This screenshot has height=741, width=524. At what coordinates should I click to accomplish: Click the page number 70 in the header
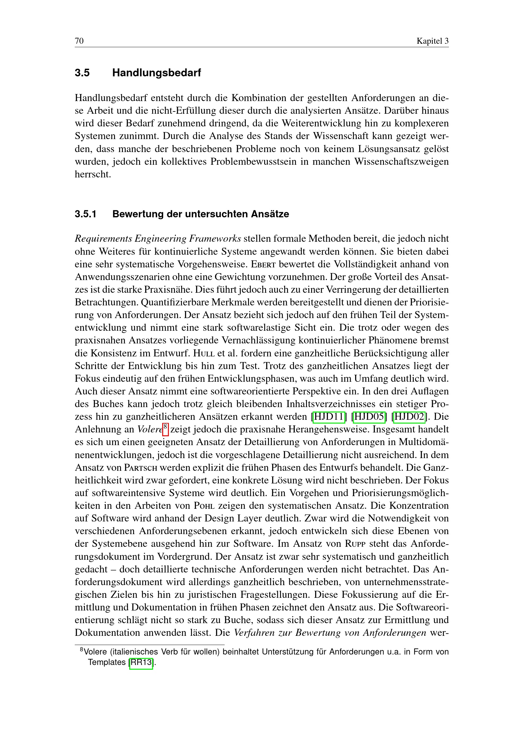pos(79,41)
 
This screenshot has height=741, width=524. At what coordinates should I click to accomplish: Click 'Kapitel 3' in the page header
pos(432,41)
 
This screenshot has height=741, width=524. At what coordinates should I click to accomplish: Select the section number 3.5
pos(82,73)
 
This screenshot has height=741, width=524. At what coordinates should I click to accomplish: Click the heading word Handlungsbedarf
pos(157,73)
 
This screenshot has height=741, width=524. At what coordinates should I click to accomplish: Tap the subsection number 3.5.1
pos(86,214)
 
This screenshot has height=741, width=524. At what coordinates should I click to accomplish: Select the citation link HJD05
pos(369,417)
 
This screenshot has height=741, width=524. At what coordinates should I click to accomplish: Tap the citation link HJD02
pos(409,417)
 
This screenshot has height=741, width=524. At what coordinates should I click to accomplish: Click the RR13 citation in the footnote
pos(141,662)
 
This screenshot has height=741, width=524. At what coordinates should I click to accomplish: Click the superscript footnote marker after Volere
pos(165,428)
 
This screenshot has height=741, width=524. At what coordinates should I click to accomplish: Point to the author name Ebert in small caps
pos(263,264)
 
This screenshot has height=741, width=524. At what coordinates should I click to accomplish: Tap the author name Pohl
pos(204,506)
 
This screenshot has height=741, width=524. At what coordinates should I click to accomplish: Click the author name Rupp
pos(355,544)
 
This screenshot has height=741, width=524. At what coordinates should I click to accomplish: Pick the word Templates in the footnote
pos(107,662)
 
